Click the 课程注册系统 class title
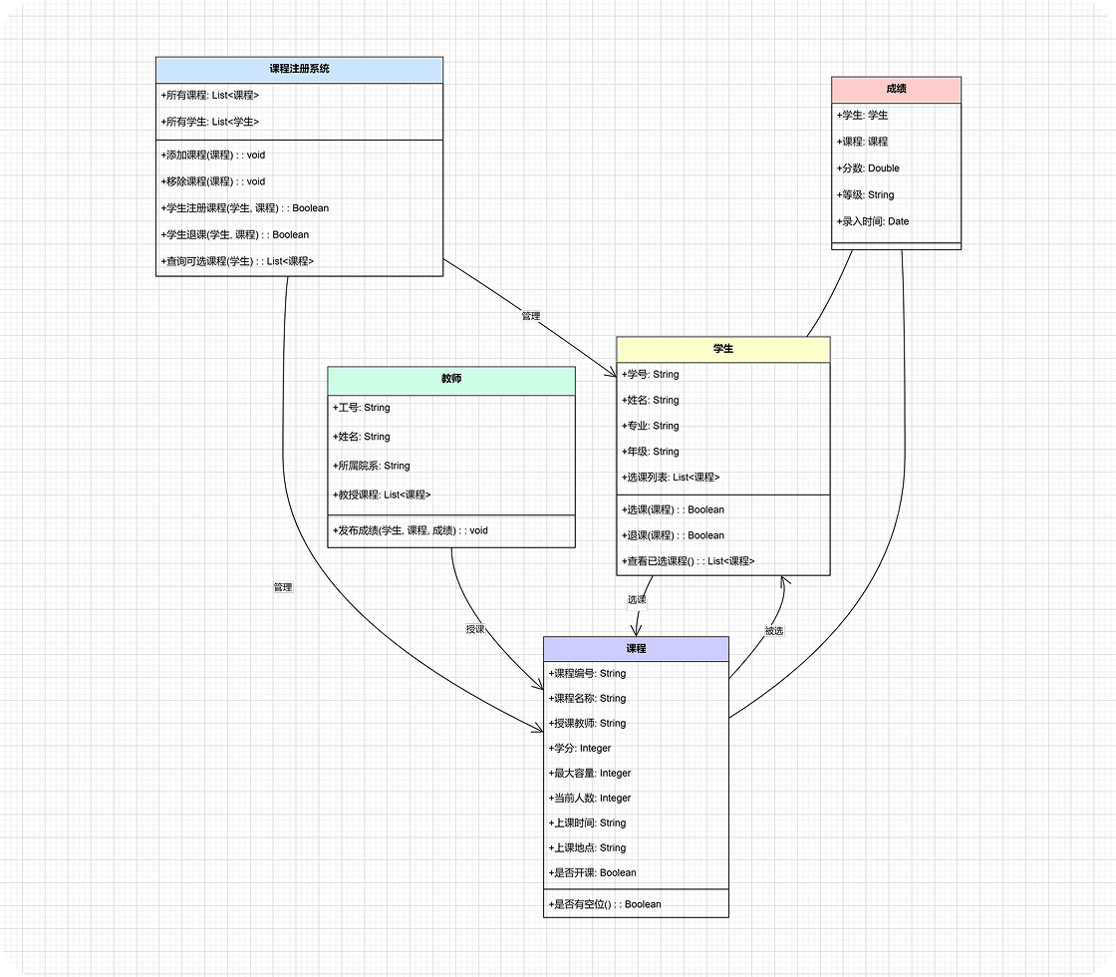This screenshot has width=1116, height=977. [299, 70]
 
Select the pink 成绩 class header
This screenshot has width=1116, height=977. [896, 89]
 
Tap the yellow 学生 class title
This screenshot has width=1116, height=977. [722, 349]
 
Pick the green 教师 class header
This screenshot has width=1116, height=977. [450, 380]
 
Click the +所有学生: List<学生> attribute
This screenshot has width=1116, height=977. [210, 122]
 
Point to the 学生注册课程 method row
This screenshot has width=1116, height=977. [245, 208]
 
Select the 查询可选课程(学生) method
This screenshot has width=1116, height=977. [237, 261]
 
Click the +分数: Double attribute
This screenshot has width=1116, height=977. [868, 168]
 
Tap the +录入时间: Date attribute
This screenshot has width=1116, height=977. [873, 221]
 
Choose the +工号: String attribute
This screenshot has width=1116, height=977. [362, 408]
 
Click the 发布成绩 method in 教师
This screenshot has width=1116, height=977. [411, 530]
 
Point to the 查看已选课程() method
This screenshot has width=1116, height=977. [688, 561]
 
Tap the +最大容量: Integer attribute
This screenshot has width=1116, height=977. [590, 773]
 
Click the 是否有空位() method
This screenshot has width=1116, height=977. [605, 904]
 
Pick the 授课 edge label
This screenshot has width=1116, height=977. [475, 629]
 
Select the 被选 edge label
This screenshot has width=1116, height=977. [774, 631]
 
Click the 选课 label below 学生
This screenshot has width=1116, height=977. [637, 600]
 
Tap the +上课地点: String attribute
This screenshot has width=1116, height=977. [587, 847]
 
